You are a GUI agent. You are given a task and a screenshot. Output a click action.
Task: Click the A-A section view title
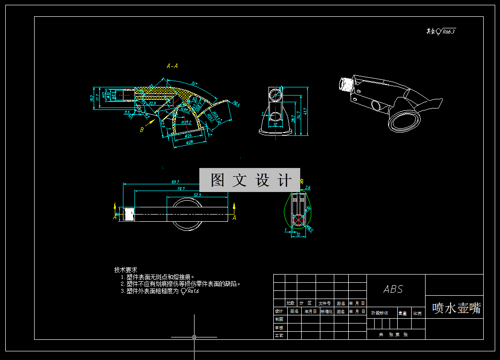pos(172,66)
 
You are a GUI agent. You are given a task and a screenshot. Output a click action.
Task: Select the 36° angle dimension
pos(195,82)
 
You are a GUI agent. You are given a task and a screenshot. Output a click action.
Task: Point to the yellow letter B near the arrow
pos(142,129)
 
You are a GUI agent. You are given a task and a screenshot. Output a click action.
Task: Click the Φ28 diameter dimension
pos(189,142)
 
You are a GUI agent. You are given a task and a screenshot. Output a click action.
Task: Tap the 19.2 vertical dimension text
pos(92,98)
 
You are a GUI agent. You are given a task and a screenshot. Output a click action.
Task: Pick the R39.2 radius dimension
pos(186,122)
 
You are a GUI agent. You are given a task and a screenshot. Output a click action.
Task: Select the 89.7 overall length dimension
pos(175,182)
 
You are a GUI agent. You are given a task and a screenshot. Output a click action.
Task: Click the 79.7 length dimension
pos(181,189)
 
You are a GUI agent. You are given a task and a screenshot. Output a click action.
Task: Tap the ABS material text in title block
pos(393,289)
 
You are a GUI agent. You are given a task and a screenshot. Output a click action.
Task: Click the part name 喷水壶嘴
pos(456,308)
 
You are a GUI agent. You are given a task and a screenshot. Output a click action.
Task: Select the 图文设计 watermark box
pos(250,180)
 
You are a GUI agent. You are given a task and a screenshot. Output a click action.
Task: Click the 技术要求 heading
pos(126,270)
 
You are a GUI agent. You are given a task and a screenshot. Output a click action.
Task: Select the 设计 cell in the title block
pos(279,311)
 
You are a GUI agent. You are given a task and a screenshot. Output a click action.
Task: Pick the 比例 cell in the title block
pos(417,313)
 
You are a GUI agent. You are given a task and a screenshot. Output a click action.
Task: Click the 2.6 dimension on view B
pos(308,188)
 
